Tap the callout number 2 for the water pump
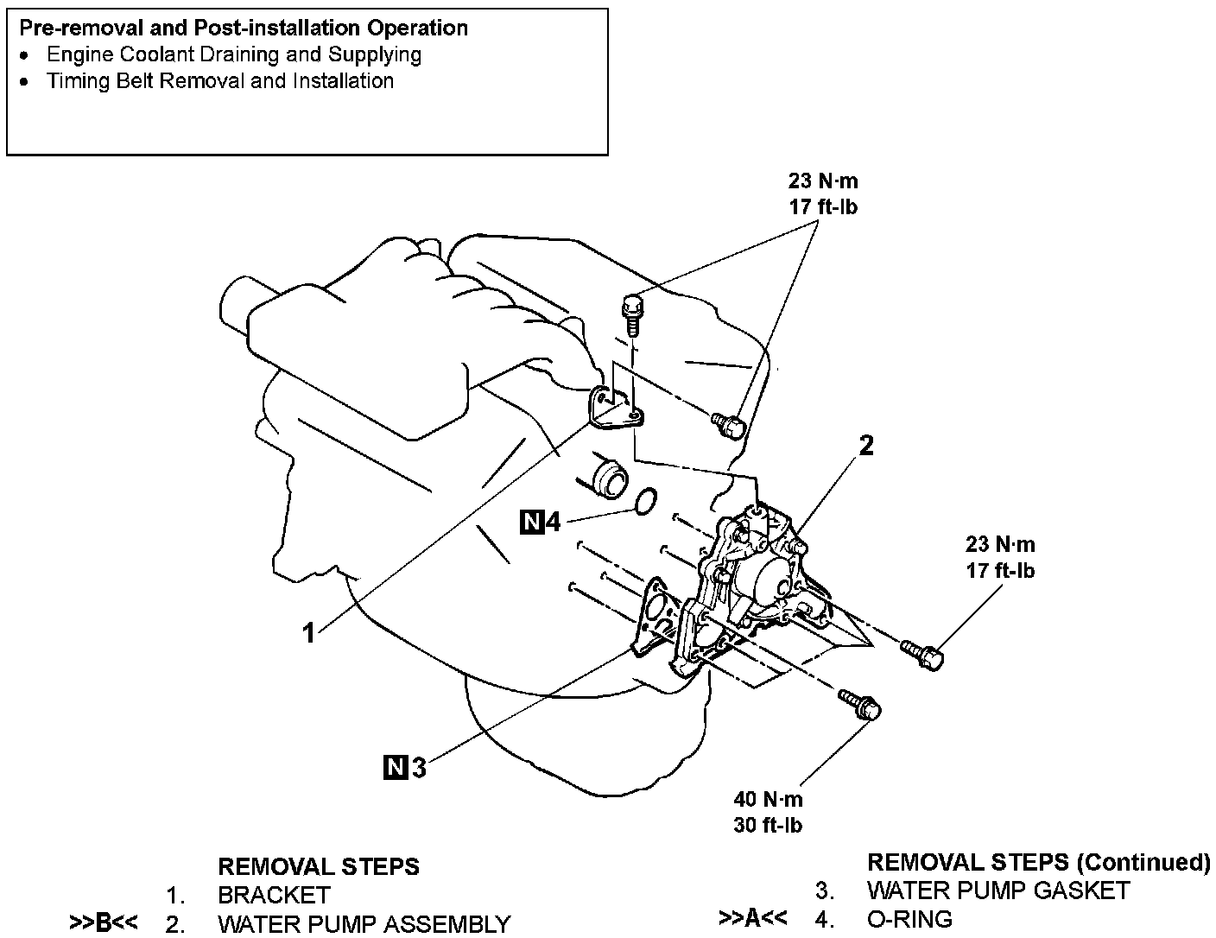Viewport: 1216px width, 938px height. [x=865, y=445]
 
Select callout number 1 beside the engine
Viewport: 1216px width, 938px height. [x=308, y=633]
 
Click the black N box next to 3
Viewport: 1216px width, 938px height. [x=396, y=766]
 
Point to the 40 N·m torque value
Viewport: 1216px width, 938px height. [x=768, y=799]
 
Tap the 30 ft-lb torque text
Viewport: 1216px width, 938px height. [x=768, y=825]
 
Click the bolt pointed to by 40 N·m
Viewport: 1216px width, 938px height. [x=860, y=705]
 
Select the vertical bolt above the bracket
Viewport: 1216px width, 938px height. [x=632, y=315]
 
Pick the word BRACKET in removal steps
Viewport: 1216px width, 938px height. [x=274, y=895]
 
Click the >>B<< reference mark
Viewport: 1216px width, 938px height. [x=104, y=923]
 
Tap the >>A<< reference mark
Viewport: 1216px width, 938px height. [x=752, y=917]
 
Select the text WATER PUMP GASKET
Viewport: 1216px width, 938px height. [x=997, y=890]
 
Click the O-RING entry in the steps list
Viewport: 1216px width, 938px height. [x=909, y=918]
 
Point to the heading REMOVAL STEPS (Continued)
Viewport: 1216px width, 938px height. [x=1038, y=862]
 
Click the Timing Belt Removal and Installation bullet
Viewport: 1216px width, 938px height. [x=220, y=81]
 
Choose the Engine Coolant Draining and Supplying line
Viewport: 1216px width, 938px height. [x=234, y=54]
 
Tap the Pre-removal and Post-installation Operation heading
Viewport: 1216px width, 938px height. [x=244, y=28]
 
